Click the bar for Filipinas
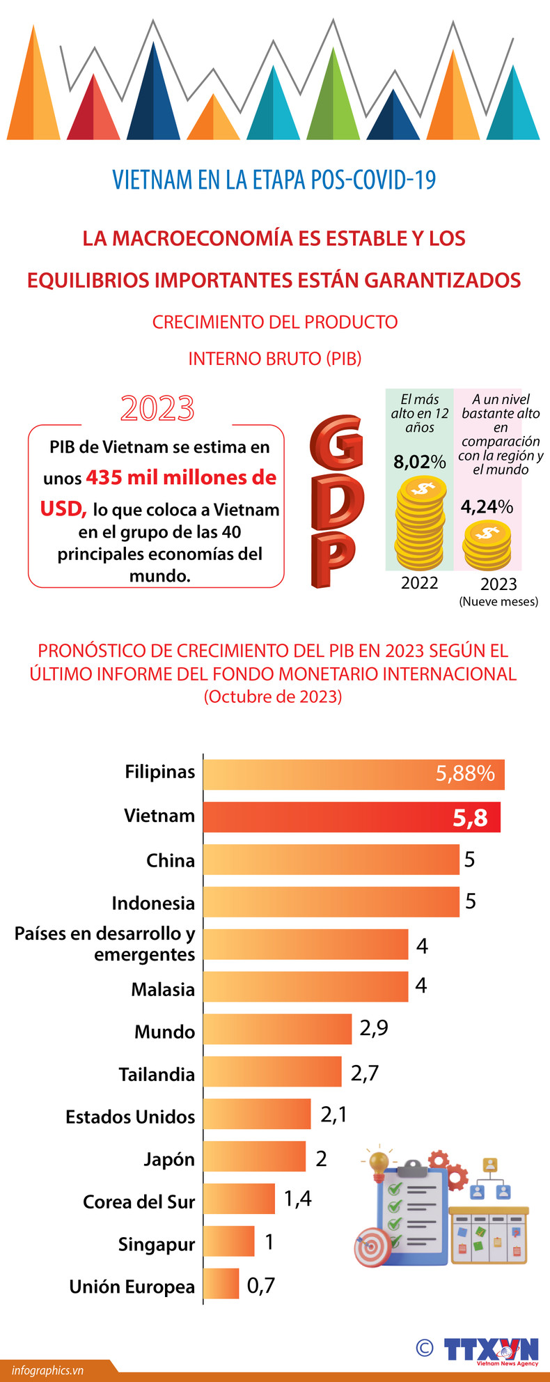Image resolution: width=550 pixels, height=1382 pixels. (354, 775)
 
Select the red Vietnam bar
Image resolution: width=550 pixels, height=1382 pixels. (352, 817)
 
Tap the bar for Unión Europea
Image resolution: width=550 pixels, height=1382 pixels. (221, 1284)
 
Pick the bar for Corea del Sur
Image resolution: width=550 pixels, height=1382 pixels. (239, 1199)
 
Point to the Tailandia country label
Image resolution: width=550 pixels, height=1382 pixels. (157, 1074)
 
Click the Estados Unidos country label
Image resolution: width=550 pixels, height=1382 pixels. (130, 1117)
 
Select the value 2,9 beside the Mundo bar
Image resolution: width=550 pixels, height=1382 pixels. (374, 1027)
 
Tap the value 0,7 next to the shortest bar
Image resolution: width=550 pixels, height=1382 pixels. (261, 1284)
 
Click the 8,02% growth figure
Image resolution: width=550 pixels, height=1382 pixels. (419, 462)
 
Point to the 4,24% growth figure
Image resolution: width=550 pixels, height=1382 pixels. (487, 506)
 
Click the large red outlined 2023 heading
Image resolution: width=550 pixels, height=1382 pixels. (157, 409)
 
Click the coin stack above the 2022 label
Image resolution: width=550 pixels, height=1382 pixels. (420, 522)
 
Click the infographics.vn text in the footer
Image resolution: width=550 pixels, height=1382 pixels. (47, 1370)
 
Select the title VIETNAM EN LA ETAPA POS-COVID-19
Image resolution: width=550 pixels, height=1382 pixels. (274, 180)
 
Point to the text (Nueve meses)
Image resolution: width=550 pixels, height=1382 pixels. (498, 602)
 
